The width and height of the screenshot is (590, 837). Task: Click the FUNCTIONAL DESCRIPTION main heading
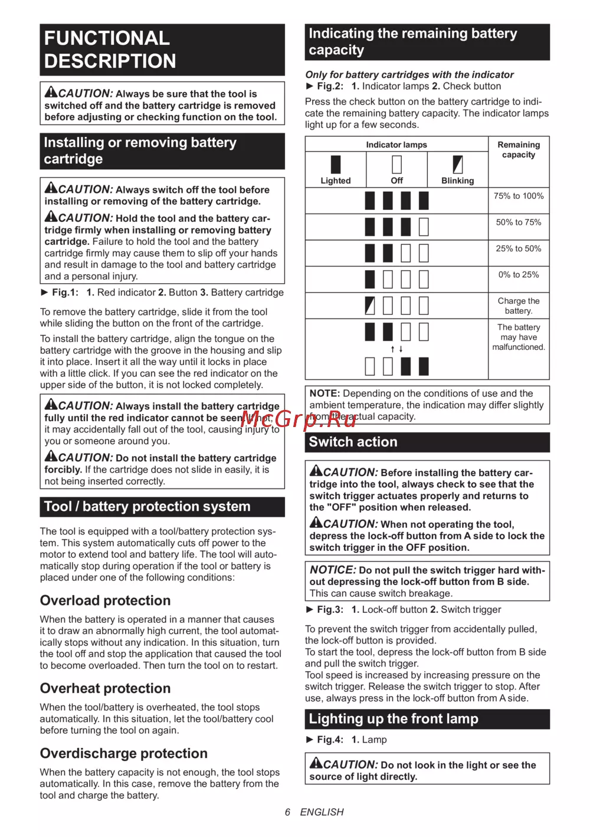[x=110, y=50]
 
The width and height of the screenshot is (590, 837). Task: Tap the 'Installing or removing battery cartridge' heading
[x=140, y=151]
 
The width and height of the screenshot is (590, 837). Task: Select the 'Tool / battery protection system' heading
[x=147, y=507]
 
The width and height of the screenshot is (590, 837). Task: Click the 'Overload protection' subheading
[x=105, y=600]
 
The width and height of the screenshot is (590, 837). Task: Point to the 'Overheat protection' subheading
[x=105, y=688]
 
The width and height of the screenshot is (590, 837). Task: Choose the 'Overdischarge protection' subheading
[x=123, y=753]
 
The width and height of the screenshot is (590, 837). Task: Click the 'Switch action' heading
[x=353, y=442]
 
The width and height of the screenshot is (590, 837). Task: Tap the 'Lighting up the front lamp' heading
[x=394, y=719]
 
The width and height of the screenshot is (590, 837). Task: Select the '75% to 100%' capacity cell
[x=519, y=196]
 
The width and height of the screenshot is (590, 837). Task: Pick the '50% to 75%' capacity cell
[x=519, y=222]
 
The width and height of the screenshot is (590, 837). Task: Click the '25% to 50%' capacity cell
[x=519, y=249]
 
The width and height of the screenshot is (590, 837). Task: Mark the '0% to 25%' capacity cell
[x=519, y=275]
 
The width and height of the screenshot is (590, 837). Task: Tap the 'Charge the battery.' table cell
[x=519, y=306]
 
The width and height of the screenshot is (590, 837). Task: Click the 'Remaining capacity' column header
[x=519, y=150]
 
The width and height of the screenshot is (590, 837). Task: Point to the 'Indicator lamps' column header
[x=396, y=145]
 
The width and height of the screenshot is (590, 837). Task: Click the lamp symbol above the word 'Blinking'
[x=458, y=165]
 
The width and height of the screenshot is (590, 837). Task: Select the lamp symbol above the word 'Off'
[x=397, y=165]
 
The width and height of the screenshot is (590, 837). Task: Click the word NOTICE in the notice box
[x=333, y=570]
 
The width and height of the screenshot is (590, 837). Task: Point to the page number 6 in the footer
[x=287, y=812]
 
